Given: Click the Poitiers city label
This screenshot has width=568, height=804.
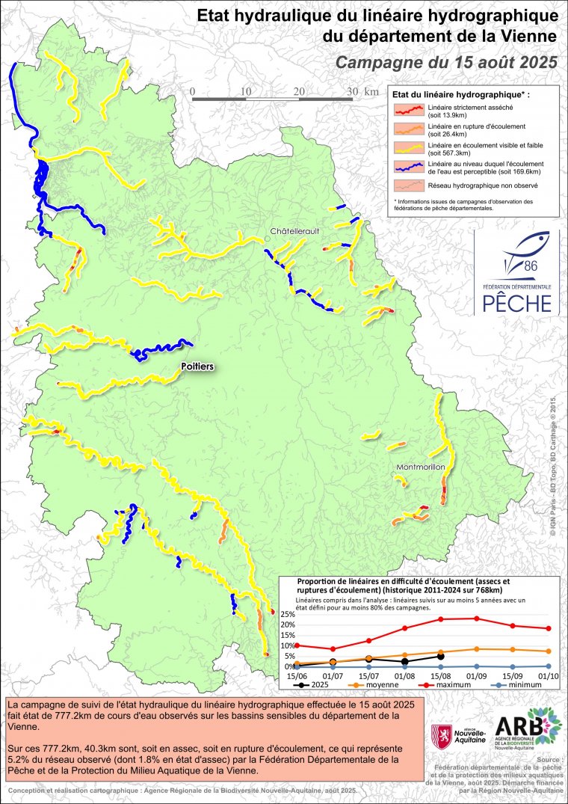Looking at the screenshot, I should tap(198, 366).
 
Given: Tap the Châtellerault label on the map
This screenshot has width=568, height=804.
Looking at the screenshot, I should tap(295, 231).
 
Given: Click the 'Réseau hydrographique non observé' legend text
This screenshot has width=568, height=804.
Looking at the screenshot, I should tap(472, 184).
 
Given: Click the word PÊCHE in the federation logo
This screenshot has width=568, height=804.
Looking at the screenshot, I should tap(516, 302).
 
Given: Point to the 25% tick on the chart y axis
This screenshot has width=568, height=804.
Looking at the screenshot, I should tap(288, 615).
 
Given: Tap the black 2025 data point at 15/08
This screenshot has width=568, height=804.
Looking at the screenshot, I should tap(441, 656).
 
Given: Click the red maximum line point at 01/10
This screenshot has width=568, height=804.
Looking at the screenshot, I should tap(549, 628).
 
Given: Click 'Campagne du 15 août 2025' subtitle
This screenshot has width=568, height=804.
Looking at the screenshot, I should tap(446, 62).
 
